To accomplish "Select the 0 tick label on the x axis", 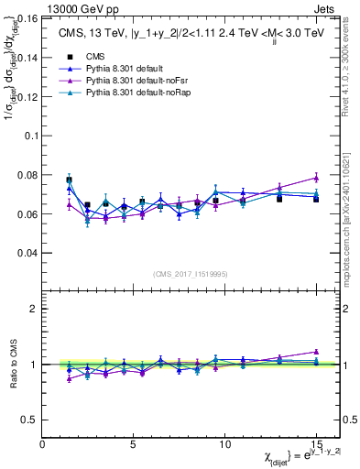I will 43,443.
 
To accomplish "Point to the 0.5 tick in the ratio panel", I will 31,420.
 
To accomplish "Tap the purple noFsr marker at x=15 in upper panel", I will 315,178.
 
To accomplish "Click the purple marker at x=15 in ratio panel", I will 315,351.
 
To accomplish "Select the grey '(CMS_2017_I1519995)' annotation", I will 191,274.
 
